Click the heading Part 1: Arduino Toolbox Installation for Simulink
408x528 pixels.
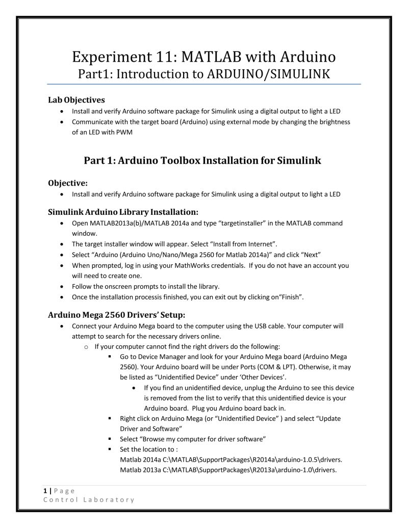click(202, 161)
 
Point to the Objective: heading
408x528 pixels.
click(68, 183)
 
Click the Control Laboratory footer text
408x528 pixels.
click(88, 499)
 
